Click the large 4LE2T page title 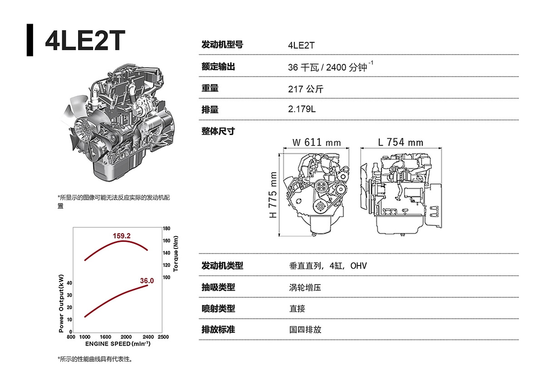tap(85, 40)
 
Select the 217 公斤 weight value tap(306, 89)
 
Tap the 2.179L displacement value tap(302, 109)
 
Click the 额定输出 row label tap(218, 66)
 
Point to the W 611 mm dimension tap(317, 142)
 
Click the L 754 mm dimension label tap(401, 142)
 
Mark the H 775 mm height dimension tap(273, 195)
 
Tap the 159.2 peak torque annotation tap(122, 236)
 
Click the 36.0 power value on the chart tap(147, 281)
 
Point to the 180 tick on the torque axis tap(167, 228)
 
